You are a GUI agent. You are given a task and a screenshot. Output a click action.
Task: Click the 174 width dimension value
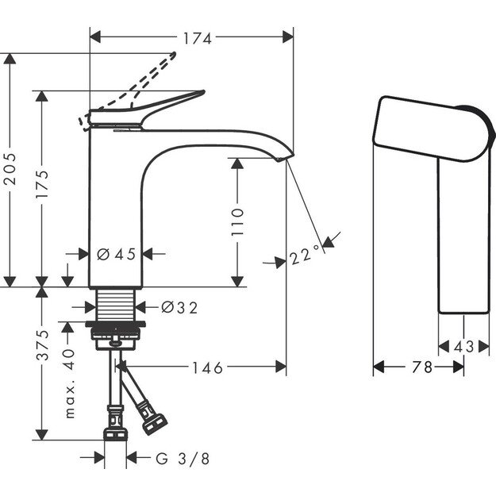(x=191, y=37)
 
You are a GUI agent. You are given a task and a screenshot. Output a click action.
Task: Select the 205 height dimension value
(x=10, y=168)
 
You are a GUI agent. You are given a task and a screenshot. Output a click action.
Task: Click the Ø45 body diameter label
(x=116, y=254)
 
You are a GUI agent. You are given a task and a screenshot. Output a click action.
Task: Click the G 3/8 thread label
(x=182, y=458)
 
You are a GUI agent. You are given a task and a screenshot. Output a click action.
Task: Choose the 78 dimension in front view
(x=421, y=367)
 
